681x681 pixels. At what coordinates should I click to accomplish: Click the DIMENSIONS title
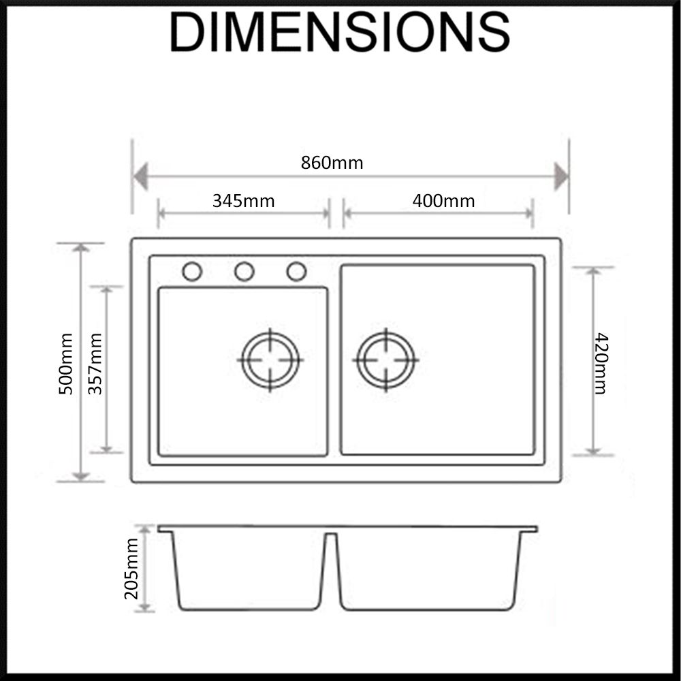pyautogui.click(x=340, y=32)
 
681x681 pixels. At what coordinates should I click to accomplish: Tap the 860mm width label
pyautogui.click(x=332, y=163)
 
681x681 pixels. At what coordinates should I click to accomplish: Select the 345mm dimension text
pyautogui.click(x=243, y=201)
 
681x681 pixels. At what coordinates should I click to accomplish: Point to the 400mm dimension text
pyautogui.click(x=443, y=201)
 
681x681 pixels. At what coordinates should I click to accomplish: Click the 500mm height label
pyautogui.click(x=65, y=364)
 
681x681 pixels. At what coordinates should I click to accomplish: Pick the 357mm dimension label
pyautogui.click(x=95, y=364)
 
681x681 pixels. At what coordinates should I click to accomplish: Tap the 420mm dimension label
pyautogui.click(x=601, y=363)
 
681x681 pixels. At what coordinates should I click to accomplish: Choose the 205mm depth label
pyautogui.click(x=131, y=569)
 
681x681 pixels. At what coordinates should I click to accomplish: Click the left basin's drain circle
pyautogui.click(x=270, y=360)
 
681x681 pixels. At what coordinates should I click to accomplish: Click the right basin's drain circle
pyautogui.click(x=385, y=360)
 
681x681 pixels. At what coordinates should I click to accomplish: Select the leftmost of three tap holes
pyautogui.click(x=192, y=272)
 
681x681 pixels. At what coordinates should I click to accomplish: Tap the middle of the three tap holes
pyautogui.click(x=244, y=272)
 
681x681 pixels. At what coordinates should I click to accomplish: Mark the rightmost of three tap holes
pyautogui.click(x=297, y=272)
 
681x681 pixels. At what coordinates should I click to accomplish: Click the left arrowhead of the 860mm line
pyautogui.click(x=140, y=177)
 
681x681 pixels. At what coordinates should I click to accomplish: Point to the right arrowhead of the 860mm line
pyautogui.click(x=561, y=177)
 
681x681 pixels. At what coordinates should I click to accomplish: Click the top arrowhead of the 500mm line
pyautogui.click(x=81, y=248)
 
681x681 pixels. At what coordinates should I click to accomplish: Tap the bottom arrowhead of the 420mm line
pyautogui.click(x=593, y=451)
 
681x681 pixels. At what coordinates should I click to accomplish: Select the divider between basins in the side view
pyautogui.click(x=332, y=569)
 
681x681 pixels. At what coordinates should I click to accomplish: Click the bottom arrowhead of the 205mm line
pyautogui.click(x=144, y=607)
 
